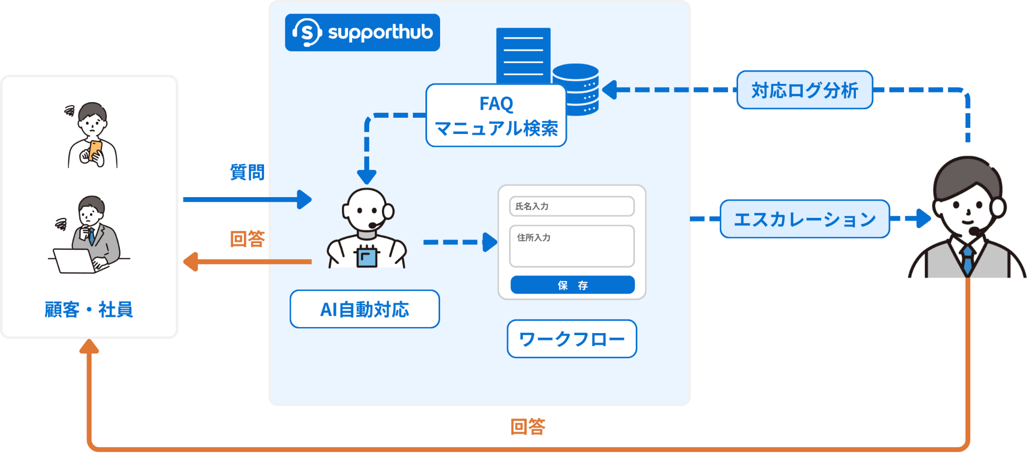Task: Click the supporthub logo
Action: click(362, 32)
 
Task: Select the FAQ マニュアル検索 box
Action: click(496, 116)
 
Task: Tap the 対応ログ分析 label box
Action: click(804, 90)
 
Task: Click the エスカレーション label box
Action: click(804, 219)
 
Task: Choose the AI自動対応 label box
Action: click(364, 309)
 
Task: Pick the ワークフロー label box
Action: click(572, 339)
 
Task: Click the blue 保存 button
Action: click(572, 285)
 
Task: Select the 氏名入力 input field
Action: click(572, 206)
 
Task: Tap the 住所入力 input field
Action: click(572, 246)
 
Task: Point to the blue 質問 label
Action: click(247, 172)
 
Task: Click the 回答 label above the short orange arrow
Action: click(247, 239)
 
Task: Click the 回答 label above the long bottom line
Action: click(528, 427)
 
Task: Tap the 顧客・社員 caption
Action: click(89, 309)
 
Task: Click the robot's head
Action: click(366, 209)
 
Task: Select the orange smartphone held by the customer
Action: click(95, 151)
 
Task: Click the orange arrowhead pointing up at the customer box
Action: click(89, 346)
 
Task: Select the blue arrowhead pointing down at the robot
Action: click(367, 177)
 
